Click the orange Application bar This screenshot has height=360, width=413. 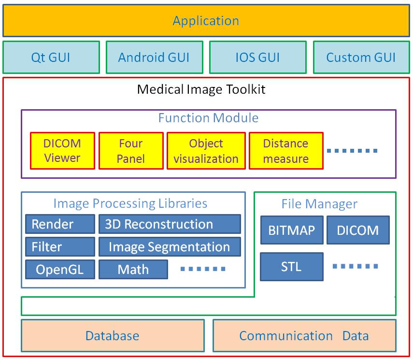point(206,21)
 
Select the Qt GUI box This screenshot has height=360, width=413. point(51,58)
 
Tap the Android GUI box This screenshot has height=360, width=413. point(154,58)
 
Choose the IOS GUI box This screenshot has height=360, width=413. point(257,58)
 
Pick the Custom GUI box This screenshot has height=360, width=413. point(361,58)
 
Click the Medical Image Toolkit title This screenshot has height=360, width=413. point(201,89)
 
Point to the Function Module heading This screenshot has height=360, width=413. point(208,118)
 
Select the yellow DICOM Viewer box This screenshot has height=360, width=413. point(62,151)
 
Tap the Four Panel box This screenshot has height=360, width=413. point(130,151)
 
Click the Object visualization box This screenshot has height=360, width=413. point(206,151)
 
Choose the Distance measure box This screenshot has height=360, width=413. point(286,151)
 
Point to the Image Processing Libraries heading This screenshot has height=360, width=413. point(130,203)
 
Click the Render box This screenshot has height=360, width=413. point(60,224)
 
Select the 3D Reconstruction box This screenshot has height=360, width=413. point(170,224)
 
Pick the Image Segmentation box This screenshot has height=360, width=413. point(170,247)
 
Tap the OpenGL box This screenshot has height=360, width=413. point(60,270)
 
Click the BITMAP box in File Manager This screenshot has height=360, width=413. point(292,230)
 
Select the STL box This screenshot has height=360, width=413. point(292,267)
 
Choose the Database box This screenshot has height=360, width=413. point(113,336)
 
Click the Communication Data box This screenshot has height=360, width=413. point(304,336)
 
